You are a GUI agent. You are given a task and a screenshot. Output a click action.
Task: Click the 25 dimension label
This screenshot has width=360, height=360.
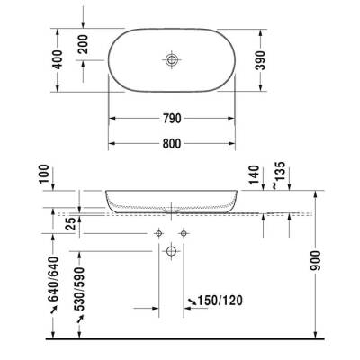pos(70,223)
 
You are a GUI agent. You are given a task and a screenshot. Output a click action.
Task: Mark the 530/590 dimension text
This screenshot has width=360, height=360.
pos(79,290)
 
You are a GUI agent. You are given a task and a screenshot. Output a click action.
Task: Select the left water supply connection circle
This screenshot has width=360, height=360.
pos(158,233)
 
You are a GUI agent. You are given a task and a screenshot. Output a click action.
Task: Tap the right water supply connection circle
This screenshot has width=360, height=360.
pos(184,233)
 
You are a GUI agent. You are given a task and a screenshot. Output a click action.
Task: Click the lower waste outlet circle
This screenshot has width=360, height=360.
pos(171,253)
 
